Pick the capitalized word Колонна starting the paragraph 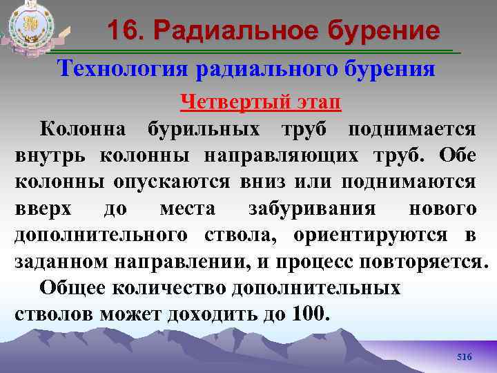click(x=82, y=129)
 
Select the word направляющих click(x=281, y=155)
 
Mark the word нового click(x=442, y=208)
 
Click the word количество click(x=168, y=287)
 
